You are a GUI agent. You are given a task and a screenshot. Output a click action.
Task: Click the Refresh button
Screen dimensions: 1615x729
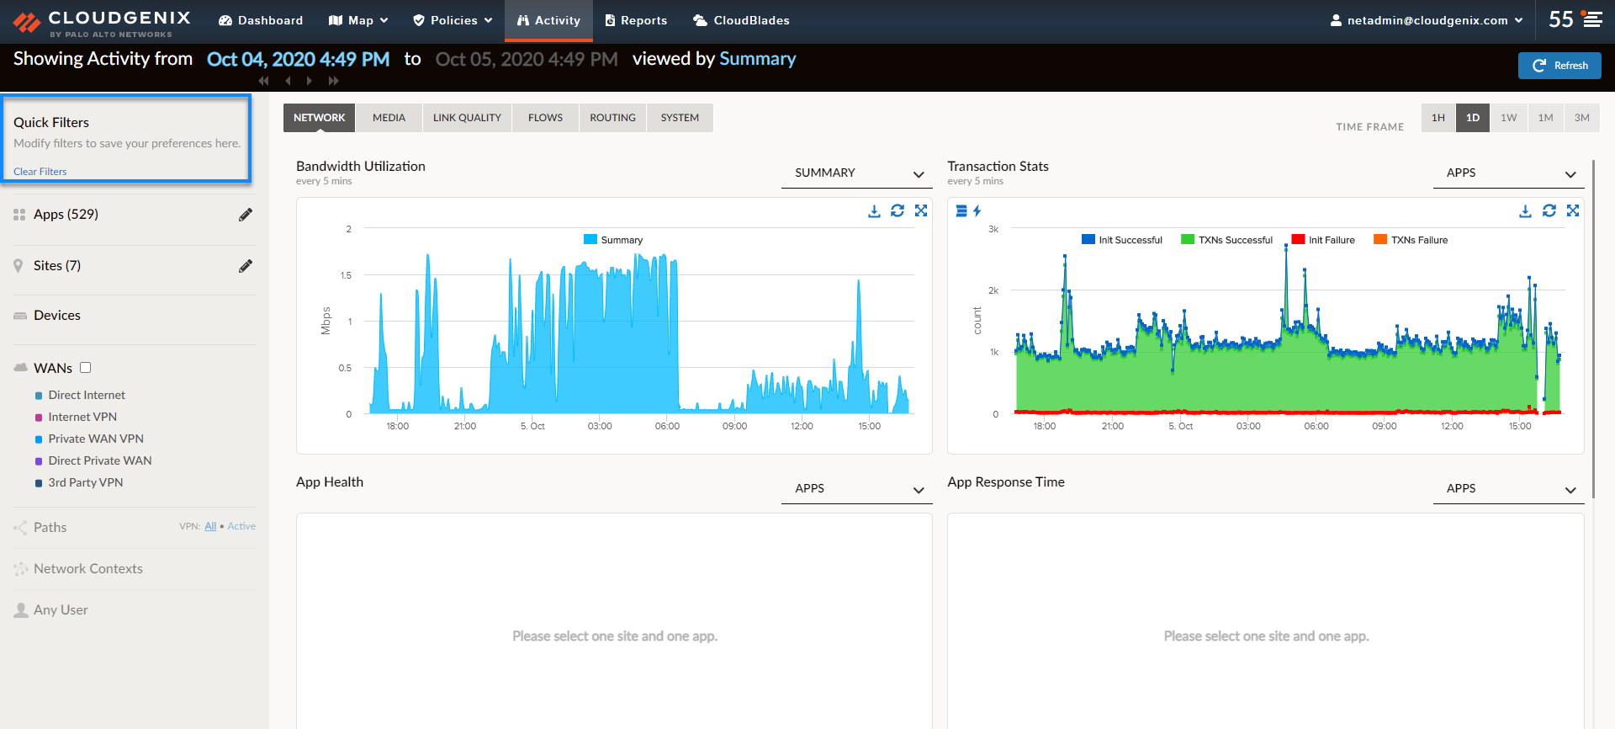click(x=1559, y=66)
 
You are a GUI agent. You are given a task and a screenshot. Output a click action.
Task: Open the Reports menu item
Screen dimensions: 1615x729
click(x=636, y=20)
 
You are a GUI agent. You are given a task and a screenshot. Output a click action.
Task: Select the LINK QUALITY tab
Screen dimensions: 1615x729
click(x=467, y=118)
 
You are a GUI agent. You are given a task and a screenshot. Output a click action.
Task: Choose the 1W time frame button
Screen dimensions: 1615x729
click(x=1509, y=118)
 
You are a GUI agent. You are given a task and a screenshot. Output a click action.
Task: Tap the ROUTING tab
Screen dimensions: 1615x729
click(x=612, y=118)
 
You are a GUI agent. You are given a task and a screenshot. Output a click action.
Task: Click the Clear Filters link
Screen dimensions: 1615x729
click(x=40, y=172)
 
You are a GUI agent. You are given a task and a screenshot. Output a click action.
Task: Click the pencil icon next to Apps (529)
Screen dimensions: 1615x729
click(x=246, y=215)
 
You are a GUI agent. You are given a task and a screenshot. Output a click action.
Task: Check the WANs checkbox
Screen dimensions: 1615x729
click(x=85, y=368)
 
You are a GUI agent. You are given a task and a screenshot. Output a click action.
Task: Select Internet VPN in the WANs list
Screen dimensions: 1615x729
click(x=82, y=417)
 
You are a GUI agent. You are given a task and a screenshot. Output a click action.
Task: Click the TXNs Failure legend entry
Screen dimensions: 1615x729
click(x=1411, y=240)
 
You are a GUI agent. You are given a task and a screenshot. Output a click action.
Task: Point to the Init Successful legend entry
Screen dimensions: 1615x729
click(x=1122, y=240)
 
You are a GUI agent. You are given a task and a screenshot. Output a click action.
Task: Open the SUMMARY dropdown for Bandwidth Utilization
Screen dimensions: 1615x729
click(x=856, y=173)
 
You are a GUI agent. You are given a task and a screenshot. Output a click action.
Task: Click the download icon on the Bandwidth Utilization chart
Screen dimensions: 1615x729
click(x=874, y=211)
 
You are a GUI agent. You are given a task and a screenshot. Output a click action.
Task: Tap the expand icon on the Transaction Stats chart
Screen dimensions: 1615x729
click(x=1573, y=210)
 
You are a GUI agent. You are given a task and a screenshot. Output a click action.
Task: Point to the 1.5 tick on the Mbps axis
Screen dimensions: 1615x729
click(x=346, y=275)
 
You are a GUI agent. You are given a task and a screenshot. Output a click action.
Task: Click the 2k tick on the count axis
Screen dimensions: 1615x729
click(x=993, y=290)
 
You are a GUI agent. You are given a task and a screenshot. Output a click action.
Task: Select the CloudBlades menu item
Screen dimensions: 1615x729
click(x=741, y=20)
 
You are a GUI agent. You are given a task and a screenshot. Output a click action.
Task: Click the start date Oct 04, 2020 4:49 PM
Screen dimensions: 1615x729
click(x=298, y=59)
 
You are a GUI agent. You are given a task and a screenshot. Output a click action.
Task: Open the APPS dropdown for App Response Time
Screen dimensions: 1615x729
click(x=1508, y=488)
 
